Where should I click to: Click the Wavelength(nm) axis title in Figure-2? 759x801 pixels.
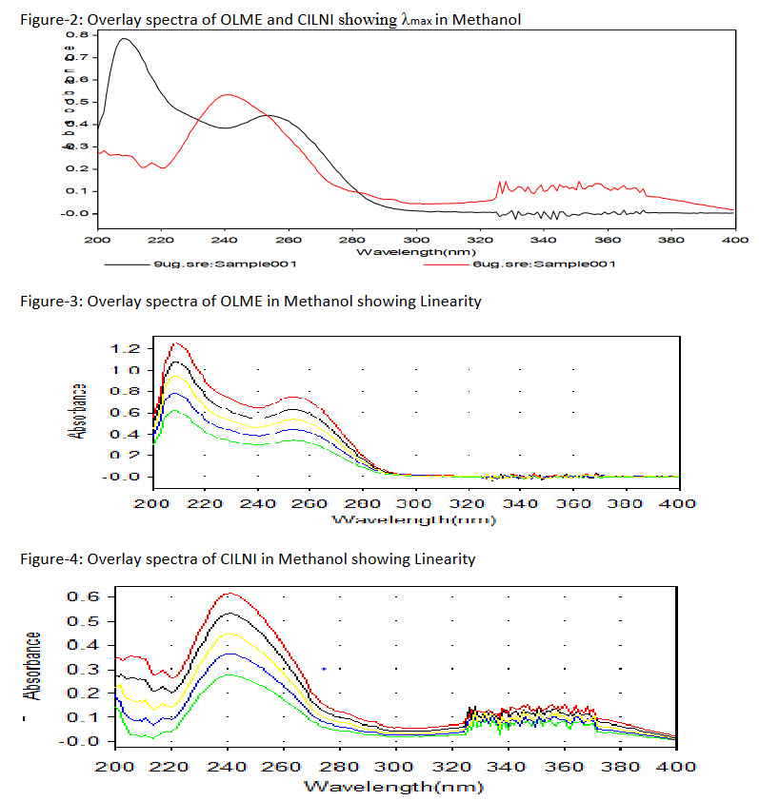pyautogui.click(x=414, y=252)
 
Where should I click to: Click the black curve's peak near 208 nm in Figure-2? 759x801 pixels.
pyautogui.click(x=124, y=39)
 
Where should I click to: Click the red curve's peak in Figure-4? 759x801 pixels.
pyautogui.click(x=230, y=594)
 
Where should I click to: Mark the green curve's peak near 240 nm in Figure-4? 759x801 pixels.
pyautogui.click(x=230, y=674)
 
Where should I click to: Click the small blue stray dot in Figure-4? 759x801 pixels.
pyautogui.click(x=325, y=669)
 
